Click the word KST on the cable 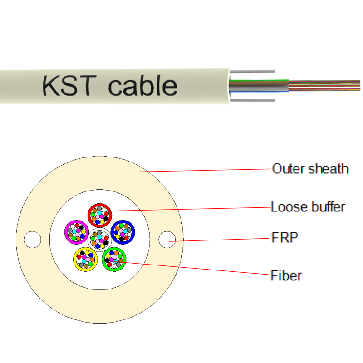69,86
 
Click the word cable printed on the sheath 142,86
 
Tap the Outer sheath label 310,169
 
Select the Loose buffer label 308,207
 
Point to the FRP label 285,237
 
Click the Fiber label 286,275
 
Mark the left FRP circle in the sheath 32,239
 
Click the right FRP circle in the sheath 167,239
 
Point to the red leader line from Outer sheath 204,171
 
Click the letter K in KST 50,86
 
